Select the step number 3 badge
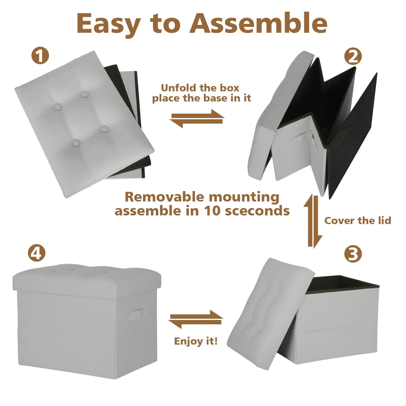coord(353,254)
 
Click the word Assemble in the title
coord(258,23)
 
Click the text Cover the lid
coord(358,221)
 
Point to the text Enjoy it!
coord(196,341)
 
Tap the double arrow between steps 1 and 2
coord(197,119)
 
